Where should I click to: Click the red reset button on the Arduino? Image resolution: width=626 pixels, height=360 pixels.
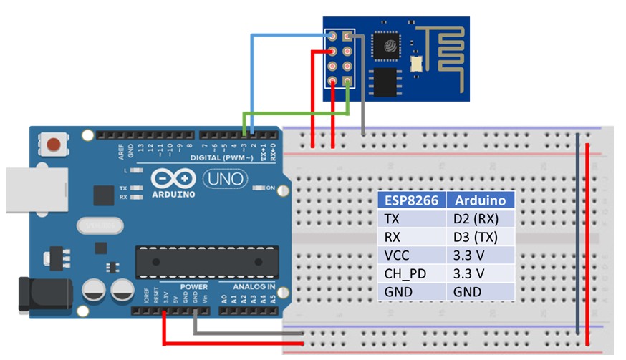tap(53, 145)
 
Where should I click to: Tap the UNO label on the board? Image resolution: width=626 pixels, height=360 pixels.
tap(225, 178)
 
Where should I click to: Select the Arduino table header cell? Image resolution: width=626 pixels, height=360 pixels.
tap(481, 200)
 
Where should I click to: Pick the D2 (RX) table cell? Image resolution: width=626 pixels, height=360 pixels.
tap(481, 218)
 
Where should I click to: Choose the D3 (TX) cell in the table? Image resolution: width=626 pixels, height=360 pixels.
tap(481, 237)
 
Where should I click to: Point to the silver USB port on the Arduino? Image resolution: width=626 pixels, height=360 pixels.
tap(18, 190)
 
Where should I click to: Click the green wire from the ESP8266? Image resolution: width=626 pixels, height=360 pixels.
tap(297, 112)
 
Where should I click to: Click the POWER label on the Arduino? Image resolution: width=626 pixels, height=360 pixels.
tap(193, 287)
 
